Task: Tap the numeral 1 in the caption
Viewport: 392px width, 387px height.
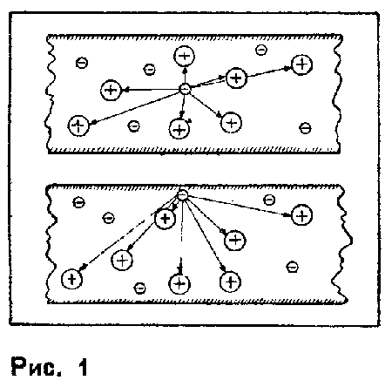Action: pos(82,367)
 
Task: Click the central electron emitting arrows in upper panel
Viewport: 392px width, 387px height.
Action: pos(185,89)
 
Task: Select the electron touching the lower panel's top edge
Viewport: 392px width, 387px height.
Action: pos(182,195)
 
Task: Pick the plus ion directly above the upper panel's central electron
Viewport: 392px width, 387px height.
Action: pos(184,56)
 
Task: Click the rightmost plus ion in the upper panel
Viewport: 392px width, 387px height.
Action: pos(301,64)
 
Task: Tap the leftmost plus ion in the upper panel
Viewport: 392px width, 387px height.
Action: pos(78,126)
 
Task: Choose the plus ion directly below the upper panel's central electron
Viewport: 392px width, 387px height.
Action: pos(179,129)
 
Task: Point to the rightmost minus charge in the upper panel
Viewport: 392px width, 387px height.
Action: pos(305,128)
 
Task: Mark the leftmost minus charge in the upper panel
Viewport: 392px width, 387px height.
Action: pos(82,63)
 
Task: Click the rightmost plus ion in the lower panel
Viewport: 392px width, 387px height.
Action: pos(301,215)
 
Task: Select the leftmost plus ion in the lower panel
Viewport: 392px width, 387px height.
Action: pos(72,279)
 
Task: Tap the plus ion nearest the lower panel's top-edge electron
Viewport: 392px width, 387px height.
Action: pos(166,219)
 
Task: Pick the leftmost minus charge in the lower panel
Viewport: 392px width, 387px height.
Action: pos(78,202)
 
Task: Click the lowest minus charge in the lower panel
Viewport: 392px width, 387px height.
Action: pos(139,288)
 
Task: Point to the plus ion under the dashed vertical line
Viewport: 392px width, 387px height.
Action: pos(179,283)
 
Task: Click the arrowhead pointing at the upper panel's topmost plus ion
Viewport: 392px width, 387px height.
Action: pos(185,70)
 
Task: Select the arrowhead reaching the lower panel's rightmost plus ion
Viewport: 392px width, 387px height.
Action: pos(287,215)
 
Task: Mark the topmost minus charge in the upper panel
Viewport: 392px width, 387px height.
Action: pos(261,50)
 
